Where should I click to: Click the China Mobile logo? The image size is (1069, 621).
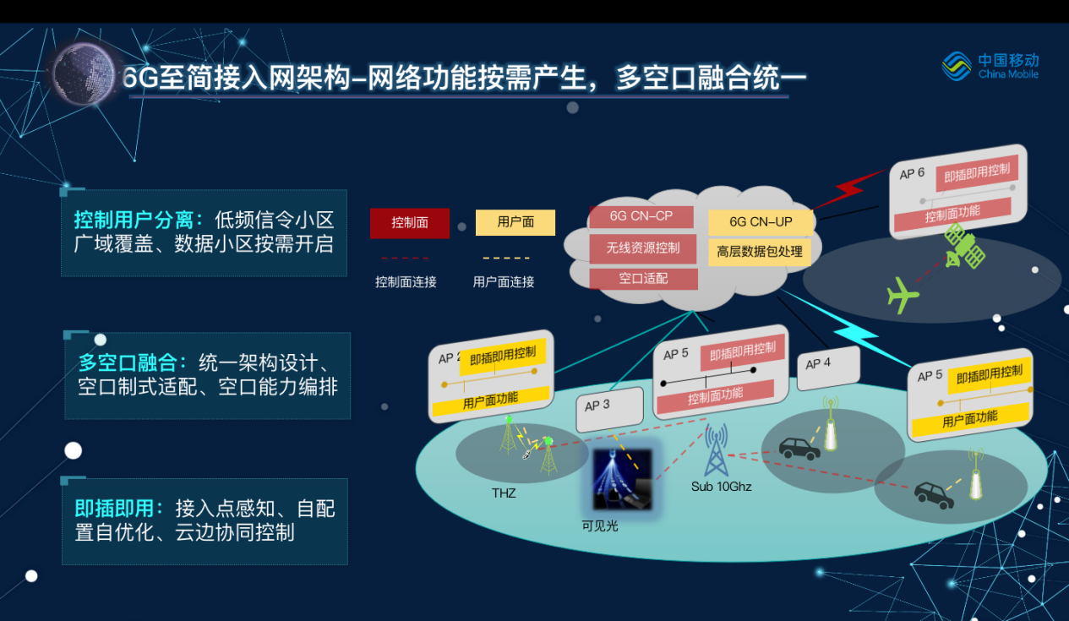[990, 66]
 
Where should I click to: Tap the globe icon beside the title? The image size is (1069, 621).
[84, 74]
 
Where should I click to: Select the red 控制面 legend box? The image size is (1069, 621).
[410, 223]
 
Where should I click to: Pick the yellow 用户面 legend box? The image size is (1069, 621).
[515, 222]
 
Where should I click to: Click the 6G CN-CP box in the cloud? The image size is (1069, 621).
[641, 216]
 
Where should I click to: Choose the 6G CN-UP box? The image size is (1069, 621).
[761, 221]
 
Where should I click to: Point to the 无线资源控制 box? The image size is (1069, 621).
[642, 248]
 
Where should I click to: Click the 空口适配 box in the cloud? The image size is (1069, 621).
[643, 279]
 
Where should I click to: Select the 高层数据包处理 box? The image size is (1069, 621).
[759, 252]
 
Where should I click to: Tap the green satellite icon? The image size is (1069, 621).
[965, 246]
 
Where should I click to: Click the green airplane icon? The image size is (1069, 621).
[902, 295]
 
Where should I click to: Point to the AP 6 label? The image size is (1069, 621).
[912, 173]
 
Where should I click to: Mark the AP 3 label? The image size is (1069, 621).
[597, 406]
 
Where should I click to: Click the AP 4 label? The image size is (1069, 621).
[818, 363]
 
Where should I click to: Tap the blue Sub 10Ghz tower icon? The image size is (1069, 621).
[717, 449]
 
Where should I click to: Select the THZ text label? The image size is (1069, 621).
[504, 493]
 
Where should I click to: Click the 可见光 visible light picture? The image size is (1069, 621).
[622, 479]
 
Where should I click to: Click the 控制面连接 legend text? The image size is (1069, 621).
[406, 282]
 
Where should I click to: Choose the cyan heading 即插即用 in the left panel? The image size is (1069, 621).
[114, 509]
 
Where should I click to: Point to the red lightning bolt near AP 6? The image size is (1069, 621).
[849, 188]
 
